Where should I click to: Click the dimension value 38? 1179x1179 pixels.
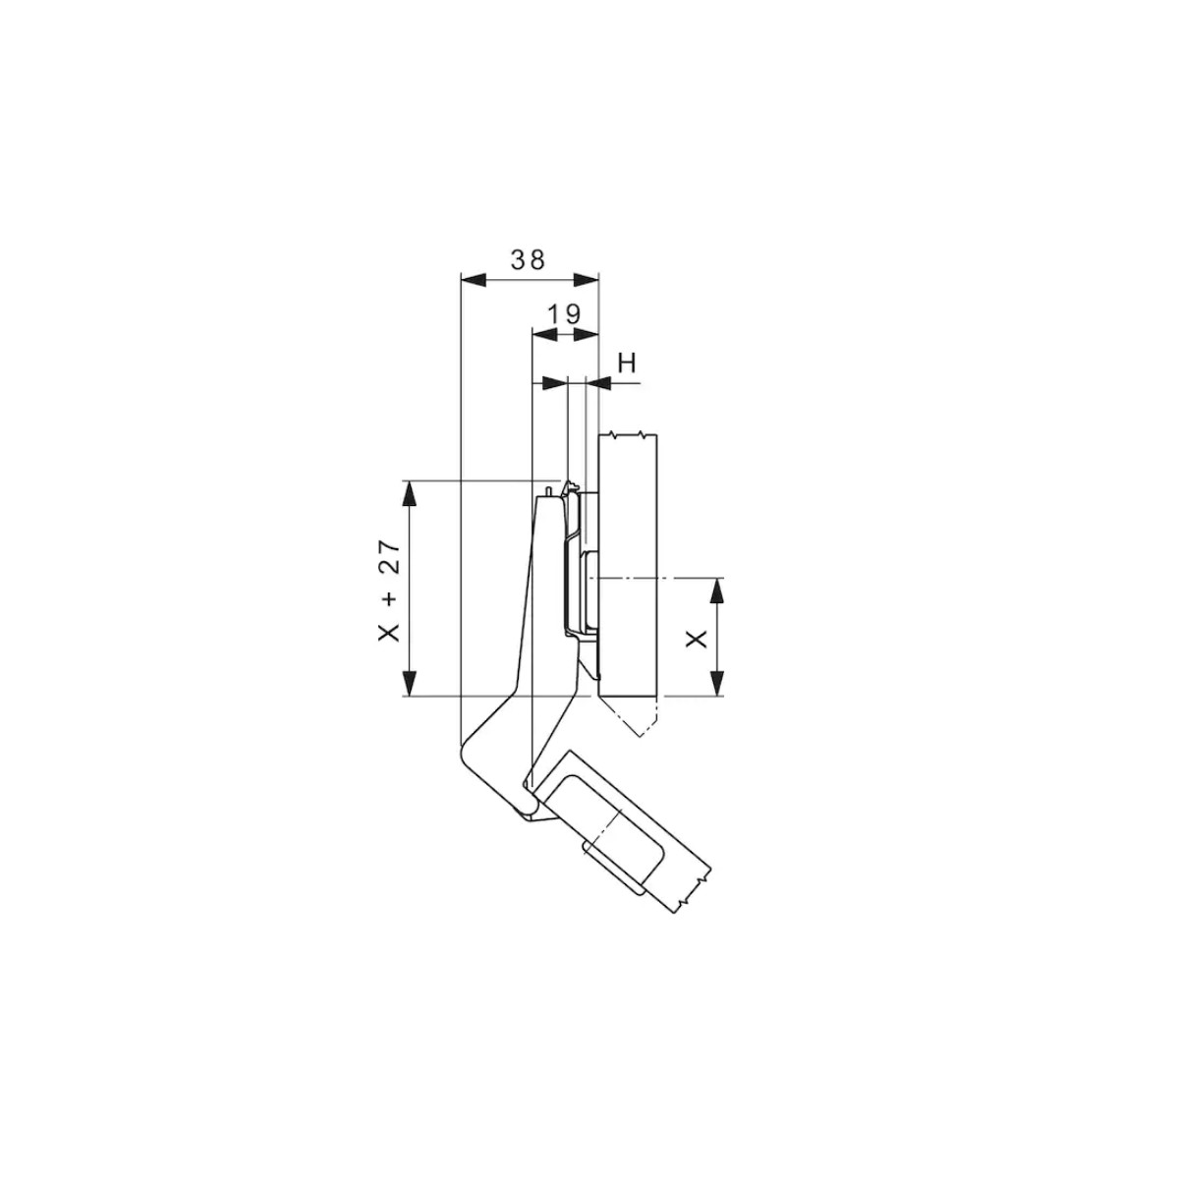point(528,260)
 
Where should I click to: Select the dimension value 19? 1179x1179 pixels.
point(564,314)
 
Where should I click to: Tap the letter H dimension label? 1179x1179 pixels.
point(627,364)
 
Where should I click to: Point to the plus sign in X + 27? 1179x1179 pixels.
point(390,596)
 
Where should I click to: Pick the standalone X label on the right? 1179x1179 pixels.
point(697,640)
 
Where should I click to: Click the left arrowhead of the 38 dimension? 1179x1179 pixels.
point(473,280)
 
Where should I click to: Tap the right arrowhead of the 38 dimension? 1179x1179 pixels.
point(586,280)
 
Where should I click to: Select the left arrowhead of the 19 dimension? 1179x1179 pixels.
point(545,334)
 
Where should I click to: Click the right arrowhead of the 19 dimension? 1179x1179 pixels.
point(586,334)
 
